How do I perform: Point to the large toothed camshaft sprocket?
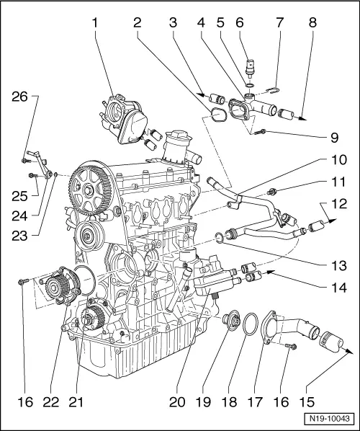tap(89, 190)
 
